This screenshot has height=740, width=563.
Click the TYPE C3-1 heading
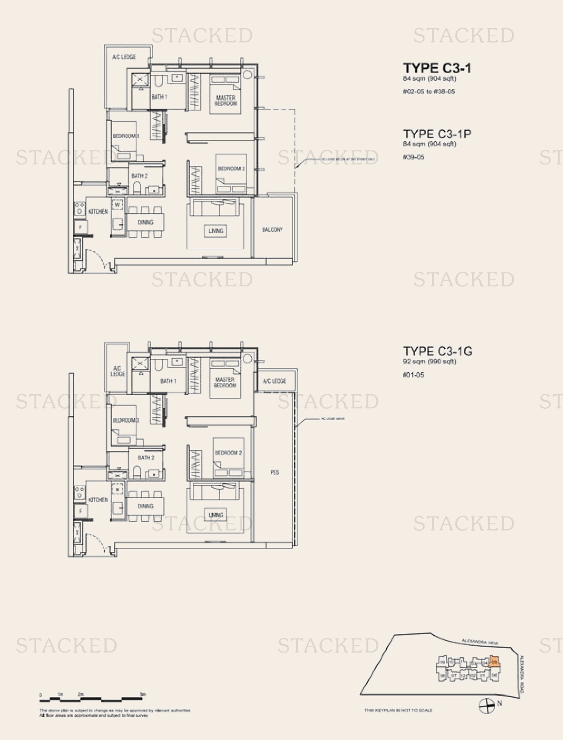coord(437,68)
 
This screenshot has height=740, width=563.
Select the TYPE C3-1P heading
coord(437,134)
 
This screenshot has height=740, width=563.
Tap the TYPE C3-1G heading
coord(438,351)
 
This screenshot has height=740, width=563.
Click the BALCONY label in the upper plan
coord(272,230)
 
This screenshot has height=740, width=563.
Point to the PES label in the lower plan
coord(274,473)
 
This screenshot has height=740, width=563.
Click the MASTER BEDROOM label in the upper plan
coord(225,101)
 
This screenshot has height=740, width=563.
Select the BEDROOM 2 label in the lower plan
coord(228,453)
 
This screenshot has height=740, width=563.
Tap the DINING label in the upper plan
coord(145,222)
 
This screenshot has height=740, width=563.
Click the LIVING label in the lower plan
coord(216,515)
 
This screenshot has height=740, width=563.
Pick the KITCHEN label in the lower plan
coord(98,500)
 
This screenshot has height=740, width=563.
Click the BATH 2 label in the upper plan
coord(139,176)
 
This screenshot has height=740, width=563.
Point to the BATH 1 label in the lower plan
coord(168,381)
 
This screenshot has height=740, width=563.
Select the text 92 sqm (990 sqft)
coord(430,362)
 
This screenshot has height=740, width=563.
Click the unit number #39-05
coord(413,157)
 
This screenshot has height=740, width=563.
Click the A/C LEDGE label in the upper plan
coord(124,57)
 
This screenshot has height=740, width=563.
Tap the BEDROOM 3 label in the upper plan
coord(126,136)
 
